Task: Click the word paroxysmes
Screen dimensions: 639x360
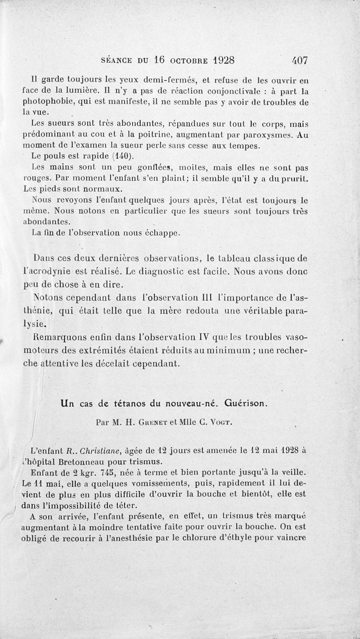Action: coord(265,134)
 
